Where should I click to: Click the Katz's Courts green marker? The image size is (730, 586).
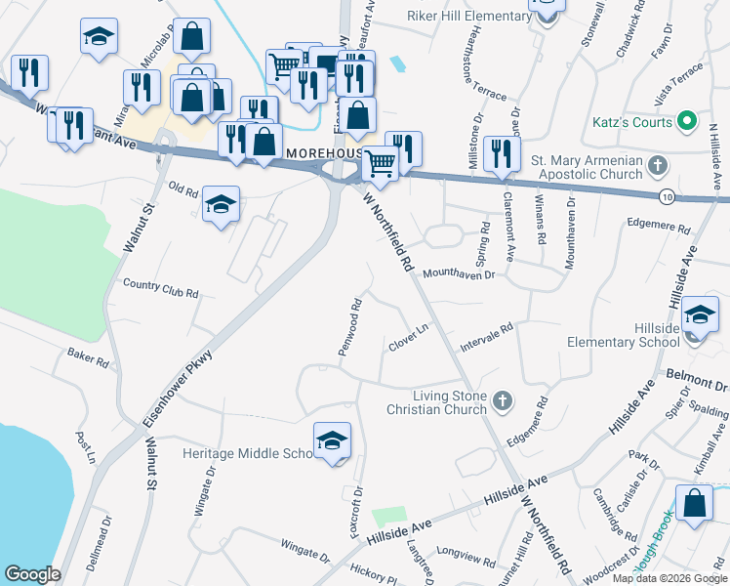point(686,122)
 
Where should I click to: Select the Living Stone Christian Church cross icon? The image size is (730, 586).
point(502,399)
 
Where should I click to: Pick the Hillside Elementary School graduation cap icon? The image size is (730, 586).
point(699,314)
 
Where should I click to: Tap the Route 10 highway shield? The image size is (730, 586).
point(666,195)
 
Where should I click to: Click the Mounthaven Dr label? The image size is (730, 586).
point(460,275)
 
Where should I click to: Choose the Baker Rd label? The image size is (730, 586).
point(88,356)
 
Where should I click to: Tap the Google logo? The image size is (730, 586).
point(32,574)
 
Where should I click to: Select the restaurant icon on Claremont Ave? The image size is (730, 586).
point(502,152)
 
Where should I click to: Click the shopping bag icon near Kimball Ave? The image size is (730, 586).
point(694,504)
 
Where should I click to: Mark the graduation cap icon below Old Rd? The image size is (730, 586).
point(222,205)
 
